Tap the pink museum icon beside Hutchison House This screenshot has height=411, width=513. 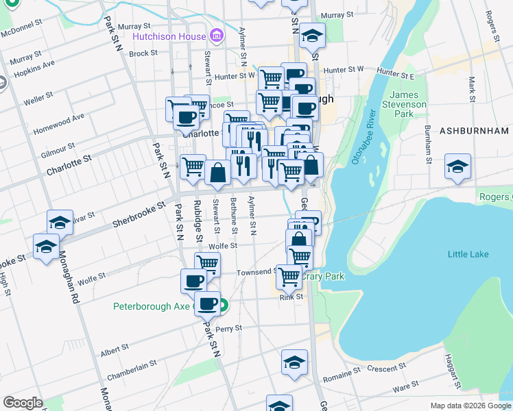point(217,36)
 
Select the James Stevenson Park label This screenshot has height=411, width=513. point(408,104)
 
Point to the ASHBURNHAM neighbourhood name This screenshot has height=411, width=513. point(474,130)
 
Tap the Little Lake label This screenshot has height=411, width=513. point(468,254)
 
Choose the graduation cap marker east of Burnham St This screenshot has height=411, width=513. point(457,166)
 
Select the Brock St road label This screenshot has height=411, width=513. point(143,53)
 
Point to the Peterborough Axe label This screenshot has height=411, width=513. point(151,306)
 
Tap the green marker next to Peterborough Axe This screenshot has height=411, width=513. point(223,307)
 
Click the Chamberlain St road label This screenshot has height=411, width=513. point(132,371)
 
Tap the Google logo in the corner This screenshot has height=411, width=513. point(23,403)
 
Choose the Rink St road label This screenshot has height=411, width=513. point(291,297)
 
